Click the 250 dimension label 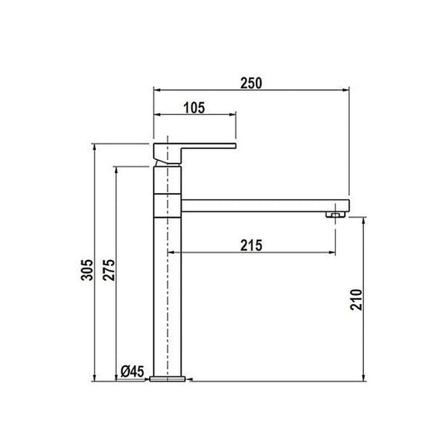[x=252, y=83]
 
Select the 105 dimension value [x=194, y=108]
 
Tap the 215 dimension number [x=252, y=246]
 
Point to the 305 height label [x=87, y=270]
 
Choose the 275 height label [x=109, y=270]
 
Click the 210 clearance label [x=357, y=300]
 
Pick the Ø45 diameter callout [x=132, y=372]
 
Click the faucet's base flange [x=167, y=379]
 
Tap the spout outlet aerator [x=336, y=214]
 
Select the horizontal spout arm [x=266, y=206]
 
